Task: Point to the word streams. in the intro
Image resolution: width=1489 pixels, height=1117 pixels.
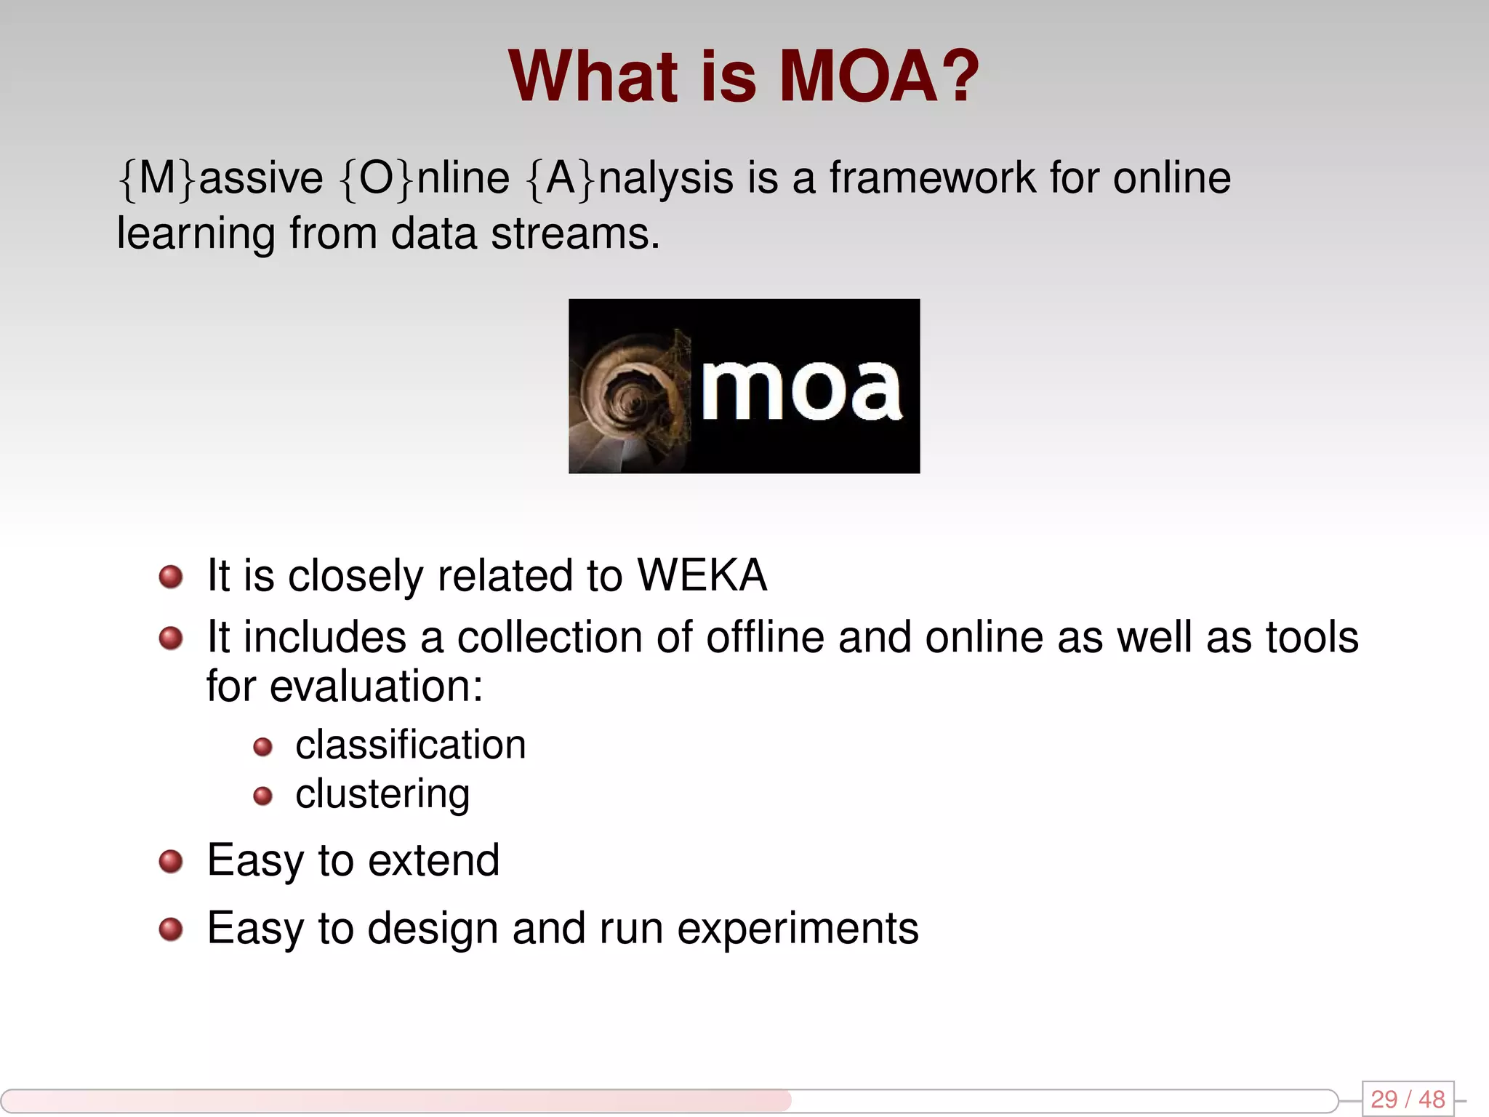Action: click(x=575, y=234)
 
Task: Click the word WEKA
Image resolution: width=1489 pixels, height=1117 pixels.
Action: click(x=702, y=576)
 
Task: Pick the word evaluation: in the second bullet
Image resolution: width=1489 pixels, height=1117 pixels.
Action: click(x=376, y=686)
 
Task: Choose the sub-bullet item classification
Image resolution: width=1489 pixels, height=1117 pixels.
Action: click(x=411, y=745)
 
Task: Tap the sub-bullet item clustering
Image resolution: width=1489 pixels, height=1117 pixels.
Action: click(x=382, y=794)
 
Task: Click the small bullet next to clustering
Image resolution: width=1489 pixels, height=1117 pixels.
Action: click(x=262, y=796)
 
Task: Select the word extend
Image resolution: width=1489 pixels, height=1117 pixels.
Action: click(x=434, y=861)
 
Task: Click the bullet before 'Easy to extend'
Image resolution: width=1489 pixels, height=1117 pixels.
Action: click(x=171, y=862)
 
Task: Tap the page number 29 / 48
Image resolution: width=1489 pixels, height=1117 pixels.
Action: click(x=1408, y=1099)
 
